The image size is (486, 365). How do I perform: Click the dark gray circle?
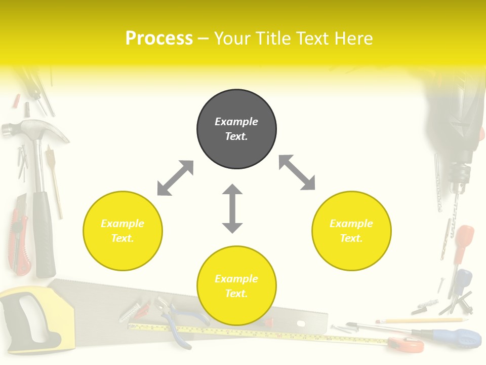236,129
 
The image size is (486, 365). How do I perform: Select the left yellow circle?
123,231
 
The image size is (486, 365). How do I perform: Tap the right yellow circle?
351,231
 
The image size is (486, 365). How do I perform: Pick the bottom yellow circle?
236,286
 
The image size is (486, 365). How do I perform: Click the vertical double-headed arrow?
232,208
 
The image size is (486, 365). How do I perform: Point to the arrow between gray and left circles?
175,178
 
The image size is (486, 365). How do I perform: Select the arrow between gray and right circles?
297,172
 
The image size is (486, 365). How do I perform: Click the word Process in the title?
159,38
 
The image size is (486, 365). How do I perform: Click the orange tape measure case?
408,345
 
